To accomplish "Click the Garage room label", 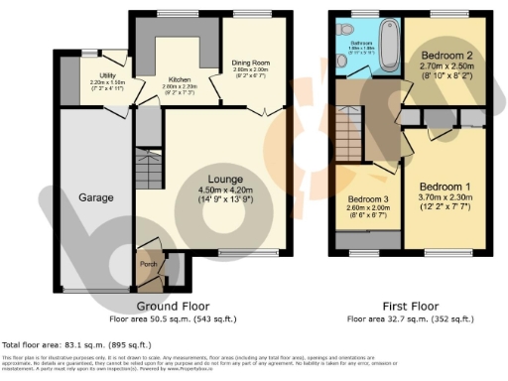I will [x=96, y=197].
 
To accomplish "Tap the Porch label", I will [x=147, y=263].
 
